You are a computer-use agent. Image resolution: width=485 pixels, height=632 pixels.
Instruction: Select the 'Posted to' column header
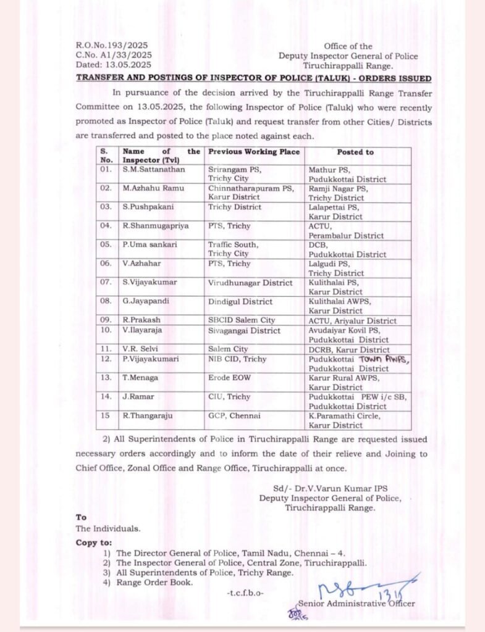click(355, 152)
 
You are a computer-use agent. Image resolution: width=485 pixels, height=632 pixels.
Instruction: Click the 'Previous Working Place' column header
click(254, 152)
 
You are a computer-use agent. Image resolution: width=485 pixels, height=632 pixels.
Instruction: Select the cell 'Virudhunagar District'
click(250, 283)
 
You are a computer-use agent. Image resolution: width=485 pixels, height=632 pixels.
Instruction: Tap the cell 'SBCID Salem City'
click(242, 320)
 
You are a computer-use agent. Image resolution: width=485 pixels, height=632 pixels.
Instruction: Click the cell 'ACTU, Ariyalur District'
click(352, 320)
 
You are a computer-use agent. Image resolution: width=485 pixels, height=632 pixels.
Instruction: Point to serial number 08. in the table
click(106, 301)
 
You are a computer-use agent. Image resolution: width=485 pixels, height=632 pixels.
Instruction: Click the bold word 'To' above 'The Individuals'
click(81, 517)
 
